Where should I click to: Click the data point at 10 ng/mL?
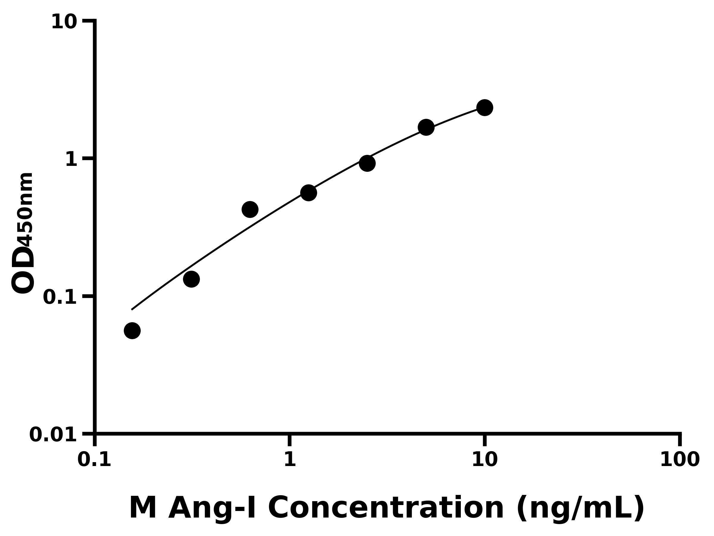coord(485,107)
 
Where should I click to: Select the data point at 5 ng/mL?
coord(426,127)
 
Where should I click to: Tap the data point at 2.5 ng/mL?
coord(367,163)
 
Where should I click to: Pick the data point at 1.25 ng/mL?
coord(309,193)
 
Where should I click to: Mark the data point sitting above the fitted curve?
coord(250,209)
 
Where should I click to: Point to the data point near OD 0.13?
coord(191,279)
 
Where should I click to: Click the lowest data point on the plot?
coord(132,331)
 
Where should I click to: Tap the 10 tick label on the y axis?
coord(64,23)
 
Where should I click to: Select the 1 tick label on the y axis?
coord(71,160)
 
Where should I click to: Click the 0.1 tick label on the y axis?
coord(60,297)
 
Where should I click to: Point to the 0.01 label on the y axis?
coord(53,435)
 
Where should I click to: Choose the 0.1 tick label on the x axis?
coord(94,460)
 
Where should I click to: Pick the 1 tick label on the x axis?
coord(290,460)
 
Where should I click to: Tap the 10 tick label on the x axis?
coord(485,460)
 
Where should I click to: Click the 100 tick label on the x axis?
coord(680,460)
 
